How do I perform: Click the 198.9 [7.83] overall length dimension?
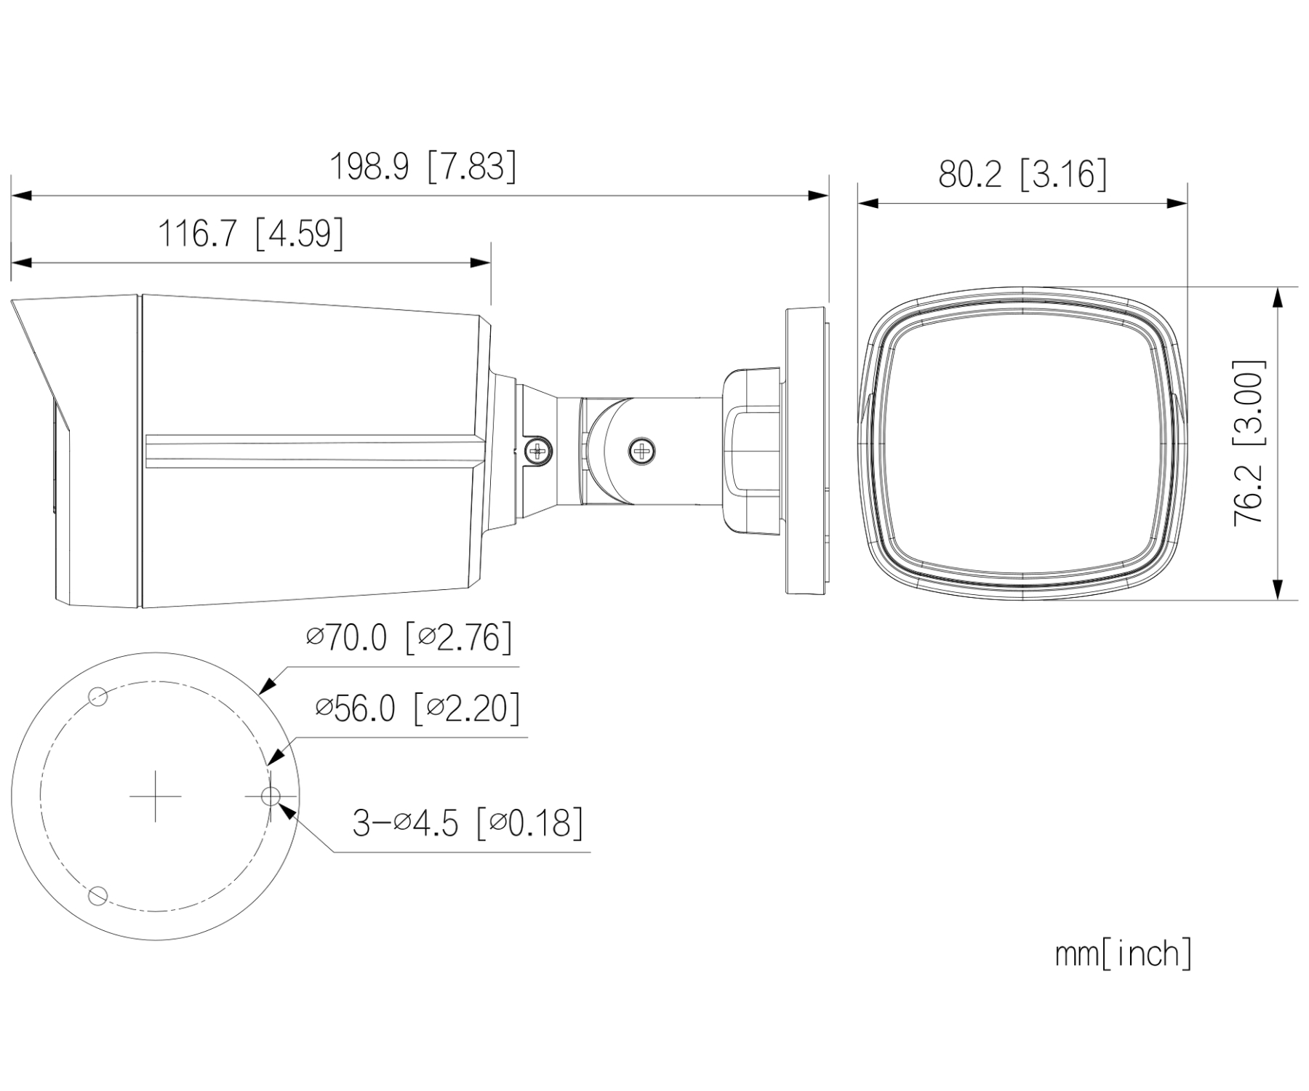tap(423, 167)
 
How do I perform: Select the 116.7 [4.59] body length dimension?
tap(251, 233)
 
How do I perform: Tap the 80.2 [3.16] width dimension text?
tap(1022, 174)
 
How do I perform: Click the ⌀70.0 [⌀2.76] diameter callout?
tap(409, 637)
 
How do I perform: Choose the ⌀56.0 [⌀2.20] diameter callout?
tap(418, 707)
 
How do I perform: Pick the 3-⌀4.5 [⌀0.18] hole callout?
tap(468, 823)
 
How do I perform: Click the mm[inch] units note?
tap(1124, 954)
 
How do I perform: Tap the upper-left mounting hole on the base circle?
tap(97, 697)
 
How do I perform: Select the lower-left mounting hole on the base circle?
tap(97, 895)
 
